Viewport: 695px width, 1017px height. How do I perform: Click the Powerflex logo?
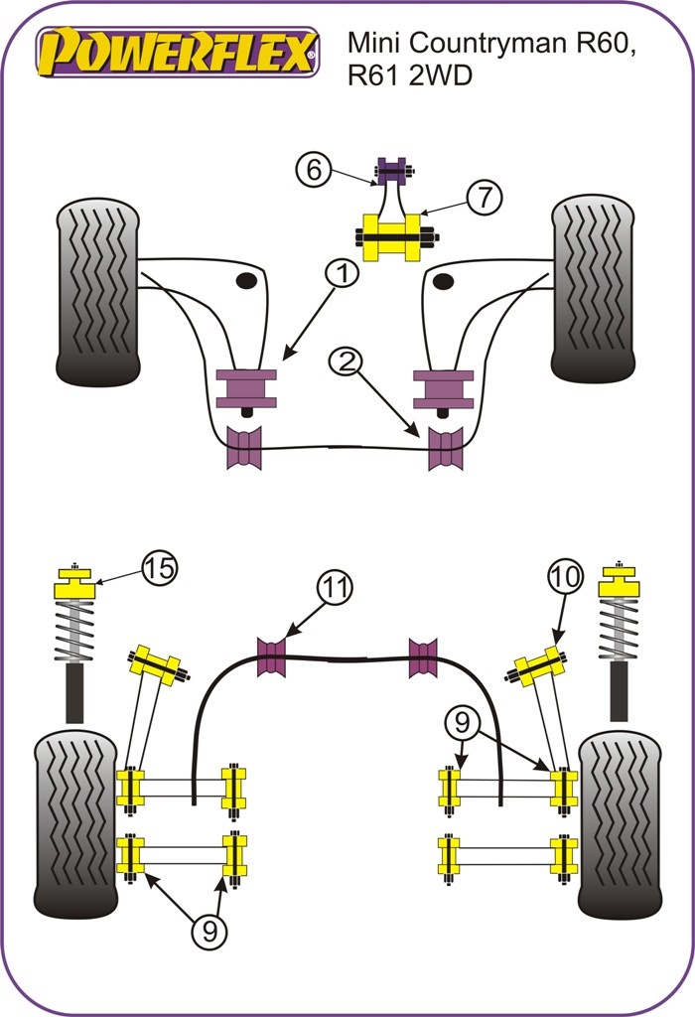178,51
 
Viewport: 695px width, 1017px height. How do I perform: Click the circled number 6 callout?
314,171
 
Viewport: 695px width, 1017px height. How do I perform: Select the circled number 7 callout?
483,197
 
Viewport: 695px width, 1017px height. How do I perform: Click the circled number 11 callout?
335,588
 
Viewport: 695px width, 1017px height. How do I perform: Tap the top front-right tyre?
593,288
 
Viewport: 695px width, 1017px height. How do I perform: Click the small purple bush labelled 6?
393,171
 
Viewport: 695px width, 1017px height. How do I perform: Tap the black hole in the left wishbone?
244,282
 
